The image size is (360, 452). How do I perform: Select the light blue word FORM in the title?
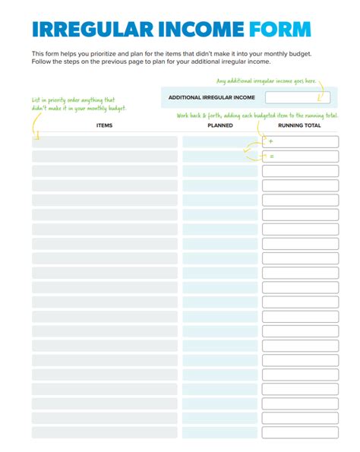pos(280,30)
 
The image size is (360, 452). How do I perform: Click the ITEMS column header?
pos(105,125)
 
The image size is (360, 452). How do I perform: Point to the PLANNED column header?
pos(220,125)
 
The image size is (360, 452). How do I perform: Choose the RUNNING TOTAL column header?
pos(299,125)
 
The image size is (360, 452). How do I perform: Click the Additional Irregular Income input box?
pos(297,98)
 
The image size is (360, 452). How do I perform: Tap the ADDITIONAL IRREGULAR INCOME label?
pos(211,98)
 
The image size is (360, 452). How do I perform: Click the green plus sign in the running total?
pos(270,142)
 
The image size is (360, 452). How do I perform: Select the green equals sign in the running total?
pos(270,156)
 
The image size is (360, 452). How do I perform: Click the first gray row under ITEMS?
pos(105,142)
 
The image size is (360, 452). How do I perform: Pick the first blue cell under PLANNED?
pos(220,142)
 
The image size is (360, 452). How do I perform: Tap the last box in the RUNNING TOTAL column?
pos(300,431)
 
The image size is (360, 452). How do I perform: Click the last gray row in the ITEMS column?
pos(105,431)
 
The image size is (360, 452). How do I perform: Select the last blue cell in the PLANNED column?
pos(220,431)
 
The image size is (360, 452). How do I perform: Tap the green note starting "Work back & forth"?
pos(257,115)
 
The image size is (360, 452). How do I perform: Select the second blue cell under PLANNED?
pos(220,156)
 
